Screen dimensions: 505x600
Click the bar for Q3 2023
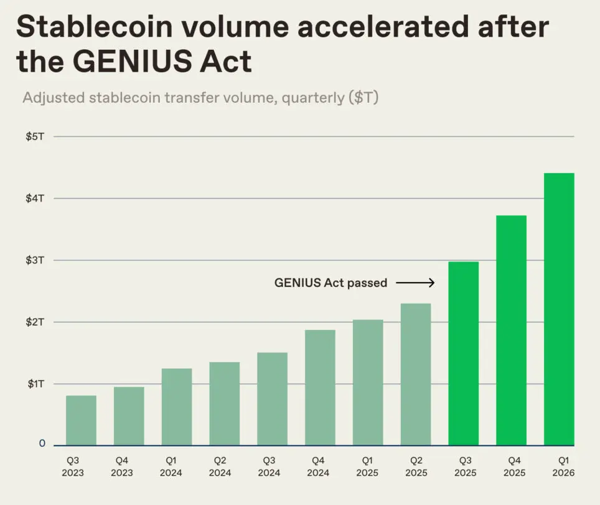click(x=81, y=420)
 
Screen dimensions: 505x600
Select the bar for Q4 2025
click(x=511, y=330)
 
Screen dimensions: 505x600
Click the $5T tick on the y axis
click(x=35, y=136)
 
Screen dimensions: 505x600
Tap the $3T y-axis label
click(x=35, y=260)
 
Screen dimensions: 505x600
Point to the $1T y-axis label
click(x=35, y=384)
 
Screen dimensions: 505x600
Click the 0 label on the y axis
click(x=42, y=443)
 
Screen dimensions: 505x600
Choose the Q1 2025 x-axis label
click(x=368, y=467)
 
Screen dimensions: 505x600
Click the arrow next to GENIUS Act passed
click(x=415, y=283)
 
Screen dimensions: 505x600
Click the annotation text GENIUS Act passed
click(x=330, y=283)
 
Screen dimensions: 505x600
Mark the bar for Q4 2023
click(x=129, y=416)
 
